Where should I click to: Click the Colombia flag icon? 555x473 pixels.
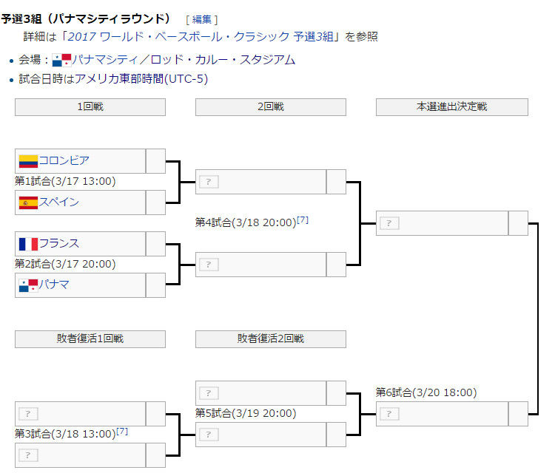click(x=28, y=161)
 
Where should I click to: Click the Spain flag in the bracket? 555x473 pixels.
click(x=28, y=203)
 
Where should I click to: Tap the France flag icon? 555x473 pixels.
click(x=28, y=244)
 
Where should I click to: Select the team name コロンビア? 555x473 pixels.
click(x=64, y=160)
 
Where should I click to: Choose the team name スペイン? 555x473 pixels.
click(x=59, y=202)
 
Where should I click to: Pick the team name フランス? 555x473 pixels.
click(x=59, y=243)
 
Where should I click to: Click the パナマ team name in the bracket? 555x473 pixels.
click(x=54, y=285)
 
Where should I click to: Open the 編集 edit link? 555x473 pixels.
click(x=202, y=19)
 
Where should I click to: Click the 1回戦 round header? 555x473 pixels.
click(x=90, y=106)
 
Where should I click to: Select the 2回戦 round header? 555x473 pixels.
click(x=271, y=106)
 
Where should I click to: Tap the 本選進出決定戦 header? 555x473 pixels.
click(x=452, y=106)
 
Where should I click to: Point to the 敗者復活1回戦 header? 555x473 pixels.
click(x=90, y=338)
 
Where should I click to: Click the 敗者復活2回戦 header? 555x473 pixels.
click(x=271, y=338)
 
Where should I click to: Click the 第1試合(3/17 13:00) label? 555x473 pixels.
click(x=65, y=181)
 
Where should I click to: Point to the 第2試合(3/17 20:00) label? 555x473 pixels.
click(x=65, y=264)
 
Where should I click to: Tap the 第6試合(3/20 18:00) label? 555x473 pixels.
click(x=426, y=392)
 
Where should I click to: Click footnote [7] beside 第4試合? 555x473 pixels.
click(x=303, y=220)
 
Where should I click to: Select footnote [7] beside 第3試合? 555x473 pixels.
click(x=122, y=431)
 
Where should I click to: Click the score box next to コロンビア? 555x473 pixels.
click(x=155, y=161)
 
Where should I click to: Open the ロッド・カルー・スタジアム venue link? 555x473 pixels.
click(x=223, y=59)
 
